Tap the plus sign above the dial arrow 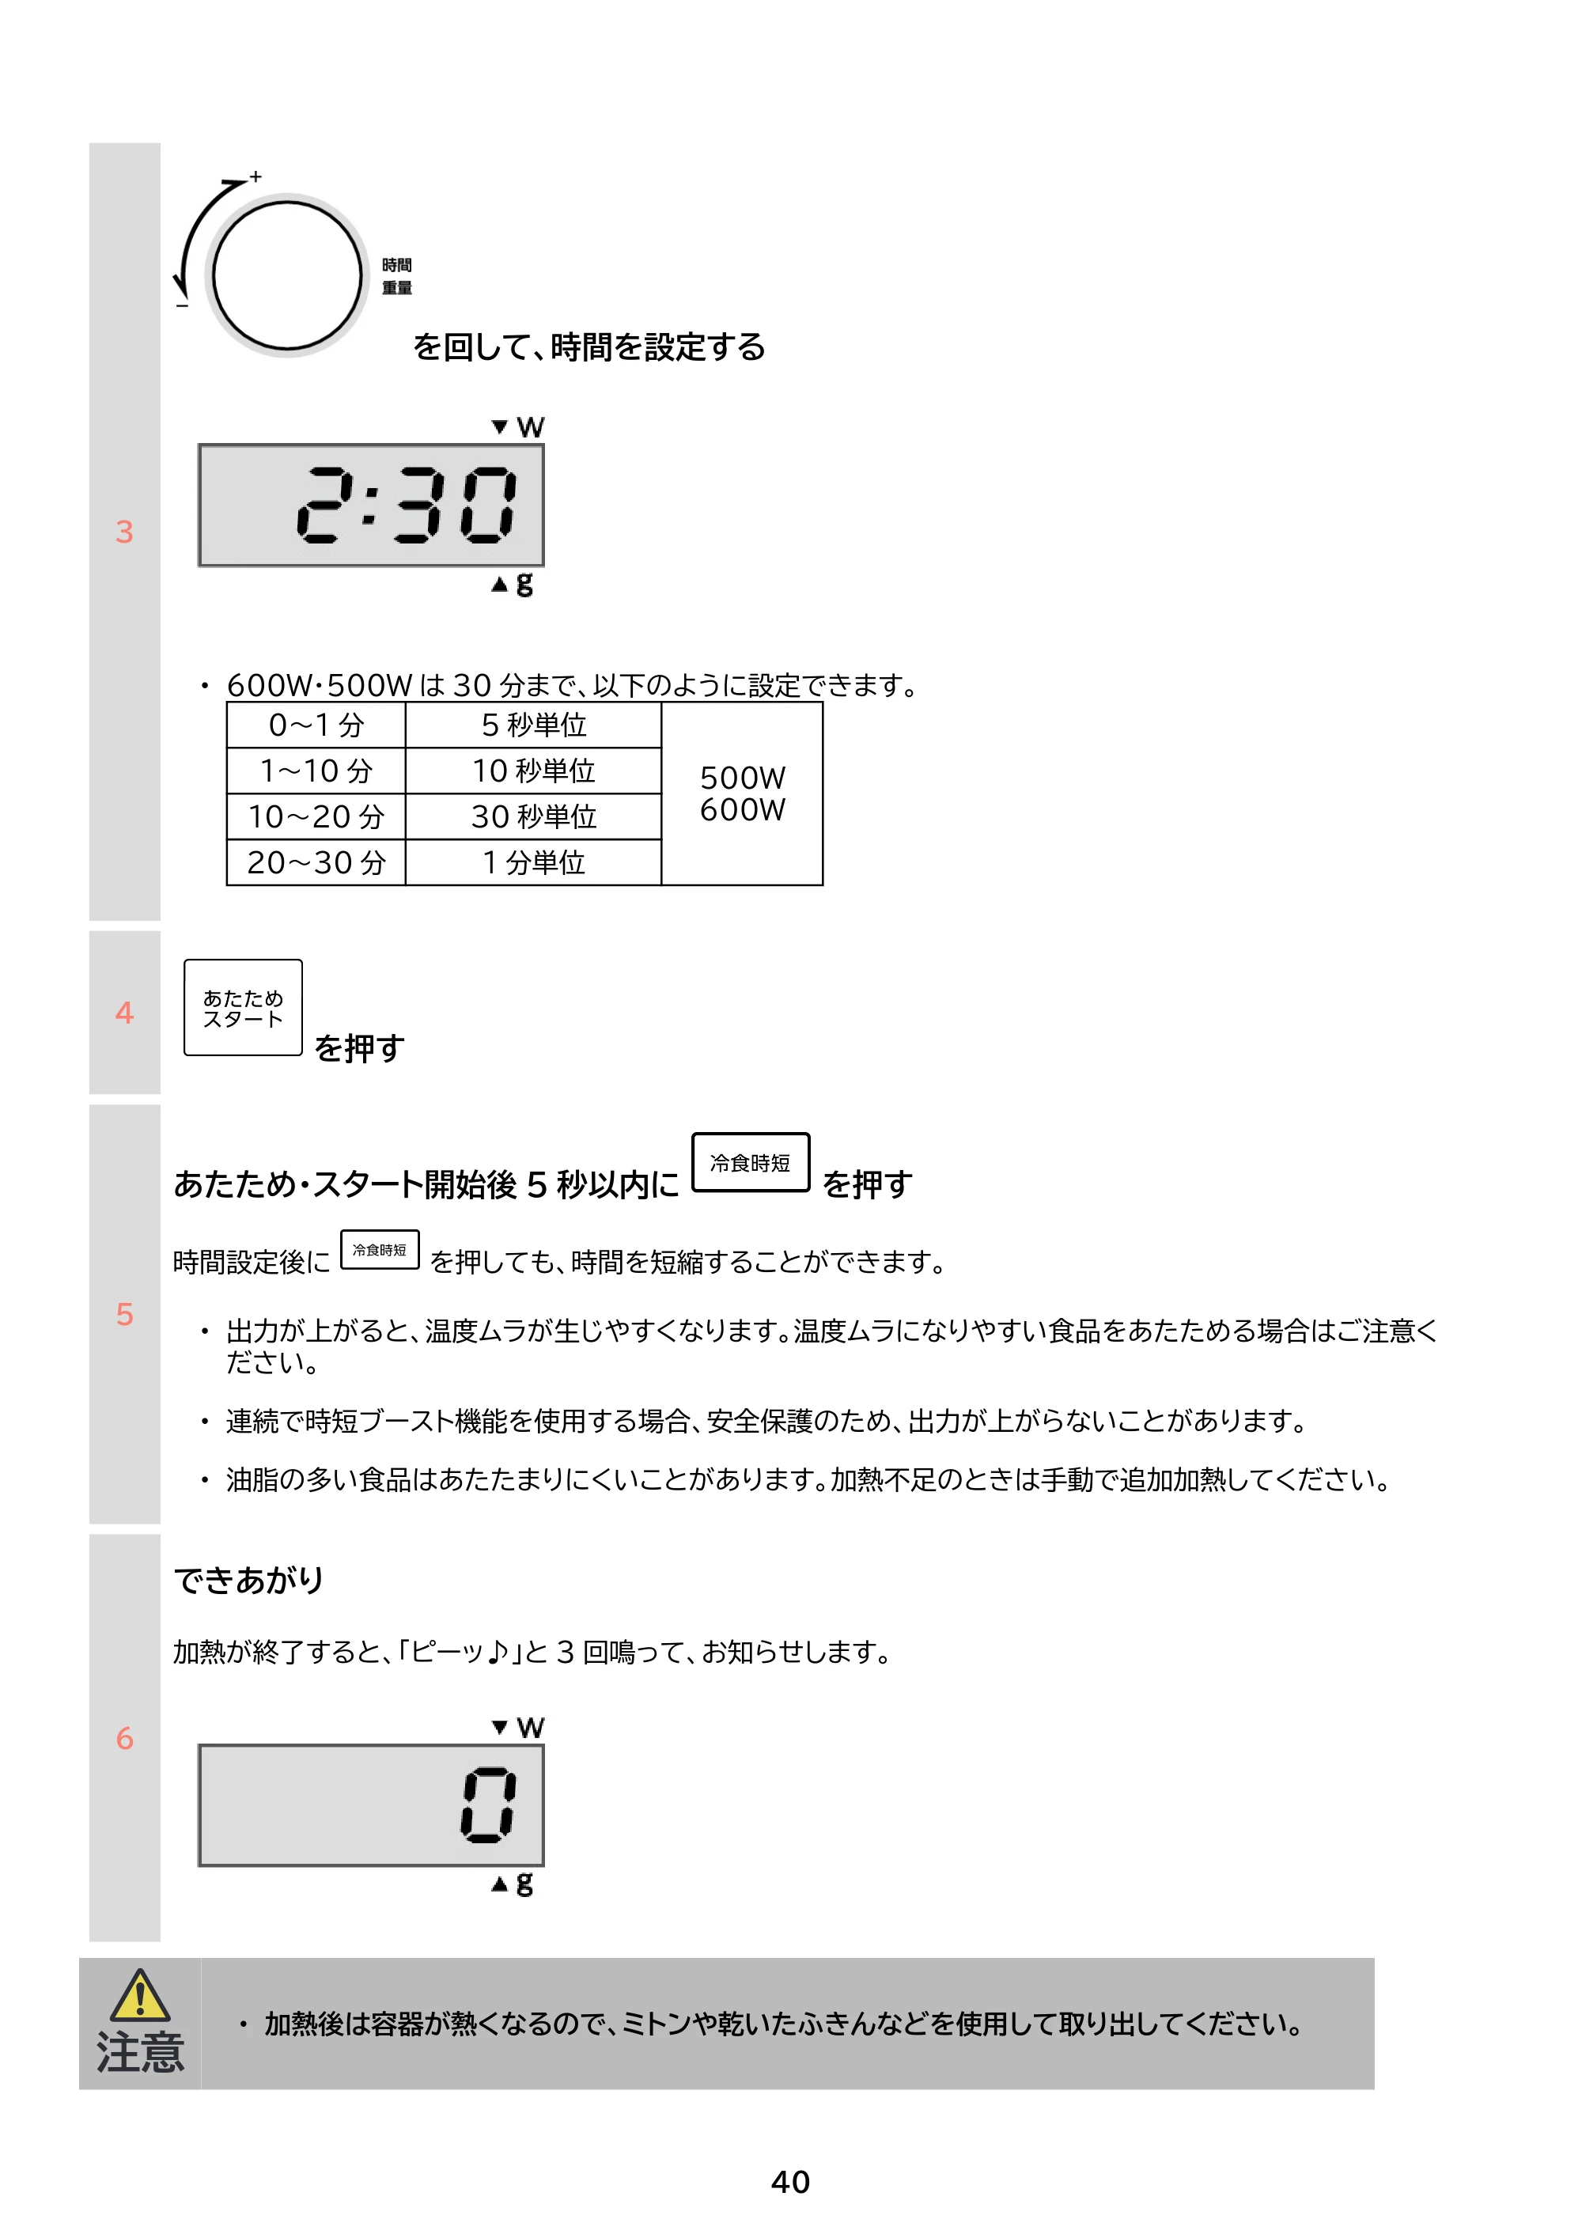(x=255, y=176)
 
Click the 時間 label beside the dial (x=397, y=265)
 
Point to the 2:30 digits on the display (x=407, y=504)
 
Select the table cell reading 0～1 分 (x=316, y=725)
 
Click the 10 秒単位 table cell (x=533, y=771)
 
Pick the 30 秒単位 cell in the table (x=533, y=817)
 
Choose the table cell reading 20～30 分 (x=316, y=862)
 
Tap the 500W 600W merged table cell (x=742, y=793)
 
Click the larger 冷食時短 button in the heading (x=751, y=1162)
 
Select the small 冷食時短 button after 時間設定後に (x=379, y=1250)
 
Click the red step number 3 (x=124, y=532)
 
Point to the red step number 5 (x=124, y=1314)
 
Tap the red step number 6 (x=124, y=1738)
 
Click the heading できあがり (x=248, y=1579)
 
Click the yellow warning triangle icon (x=139, y=1995)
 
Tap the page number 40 (x=790, y=2182)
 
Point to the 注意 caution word (x=139, y=2052)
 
